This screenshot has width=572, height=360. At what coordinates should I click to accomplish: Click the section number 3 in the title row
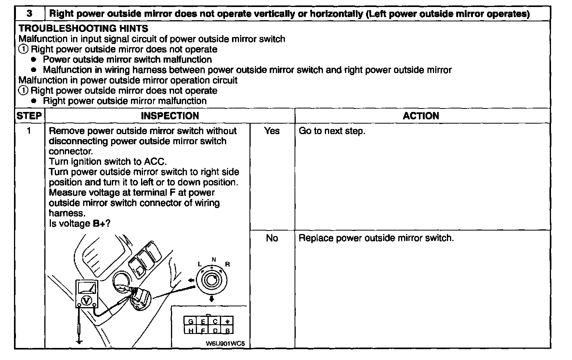pos(30,14)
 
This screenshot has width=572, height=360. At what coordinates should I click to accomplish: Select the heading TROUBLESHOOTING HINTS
pos(83,28)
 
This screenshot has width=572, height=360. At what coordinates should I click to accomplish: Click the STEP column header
pos(29,116)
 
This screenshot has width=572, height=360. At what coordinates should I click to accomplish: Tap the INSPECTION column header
pos(170,116)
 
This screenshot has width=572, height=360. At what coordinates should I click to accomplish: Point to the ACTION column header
pos(421,116)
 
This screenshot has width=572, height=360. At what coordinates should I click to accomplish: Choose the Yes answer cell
pos(272,131)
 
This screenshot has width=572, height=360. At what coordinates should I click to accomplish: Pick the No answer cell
pos(272,238)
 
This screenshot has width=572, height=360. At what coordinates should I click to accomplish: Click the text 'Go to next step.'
pos(332,131)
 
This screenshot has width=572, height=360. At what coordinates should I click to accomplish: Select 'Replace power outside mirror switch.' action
pos(376,238)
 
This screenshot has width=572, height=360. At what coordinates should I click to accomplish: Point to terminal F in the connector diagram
pos(202,331)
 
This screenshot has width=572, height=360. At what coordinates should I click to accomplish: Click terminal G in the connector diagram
pos(190,322)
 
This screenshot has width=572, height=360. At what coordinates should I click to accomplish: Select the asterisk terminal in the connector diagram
pos(227,322)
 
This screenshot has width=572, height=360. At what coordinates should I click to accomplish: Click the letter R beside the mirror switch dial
pos(227,264)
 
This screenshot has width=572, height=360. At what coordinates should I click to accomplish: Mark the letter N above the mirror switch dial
pos(214,259)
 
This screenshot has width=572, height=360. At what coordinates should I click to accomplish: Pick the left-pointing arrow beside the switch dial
pos(190,280)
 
